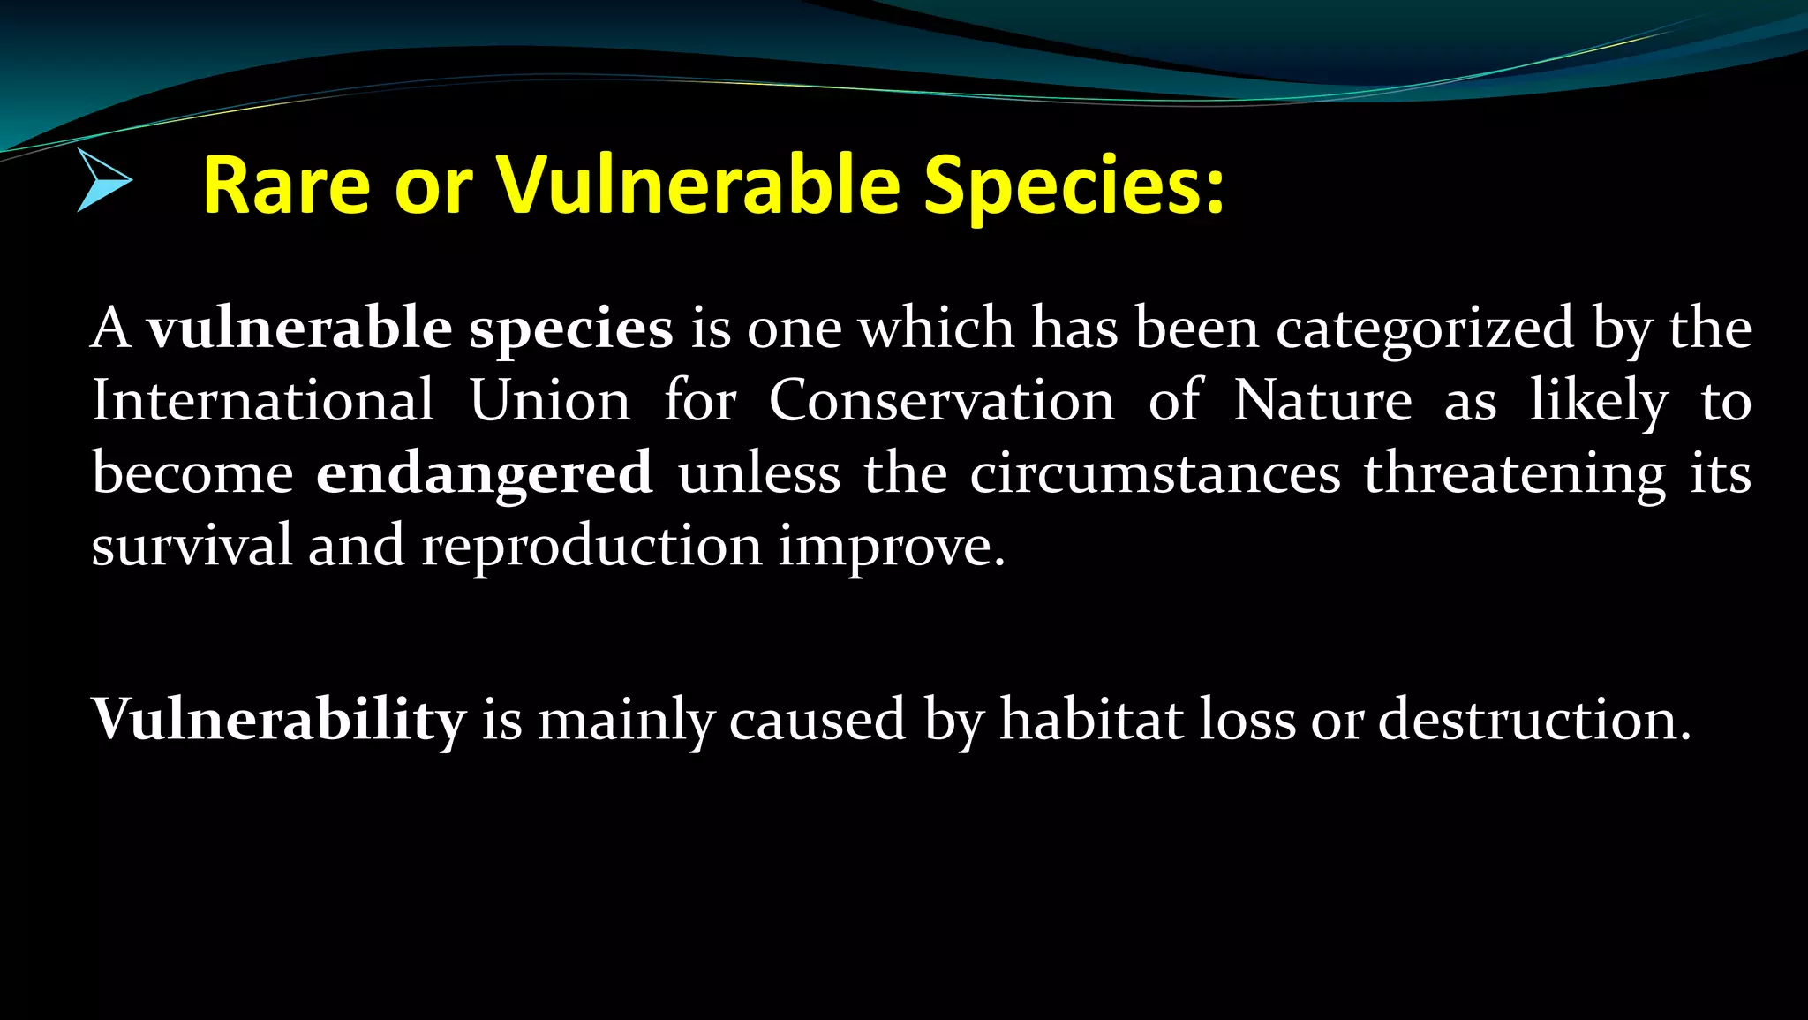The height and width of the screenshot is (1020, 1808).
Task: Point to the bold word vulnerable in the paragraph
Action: tap(300, 329)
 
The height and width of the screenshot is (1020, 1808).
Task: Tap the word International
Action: tap(263, 401)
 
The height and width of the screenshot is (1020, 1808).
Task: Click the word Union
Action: tap(549, 401)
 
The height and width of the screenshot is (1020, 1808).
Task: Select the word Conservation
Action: tap(941, 401)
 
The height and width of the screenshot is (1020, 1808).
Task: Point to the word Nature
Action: tap(1322, 401)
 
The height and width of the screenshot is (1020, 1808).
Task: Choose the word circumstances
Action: tap(1155, 474)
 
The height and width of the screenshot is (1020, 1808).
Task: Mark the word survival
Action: tap(192, 545)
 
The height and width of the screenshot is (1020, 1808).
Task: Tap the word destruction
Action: tap(1533, 720)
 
